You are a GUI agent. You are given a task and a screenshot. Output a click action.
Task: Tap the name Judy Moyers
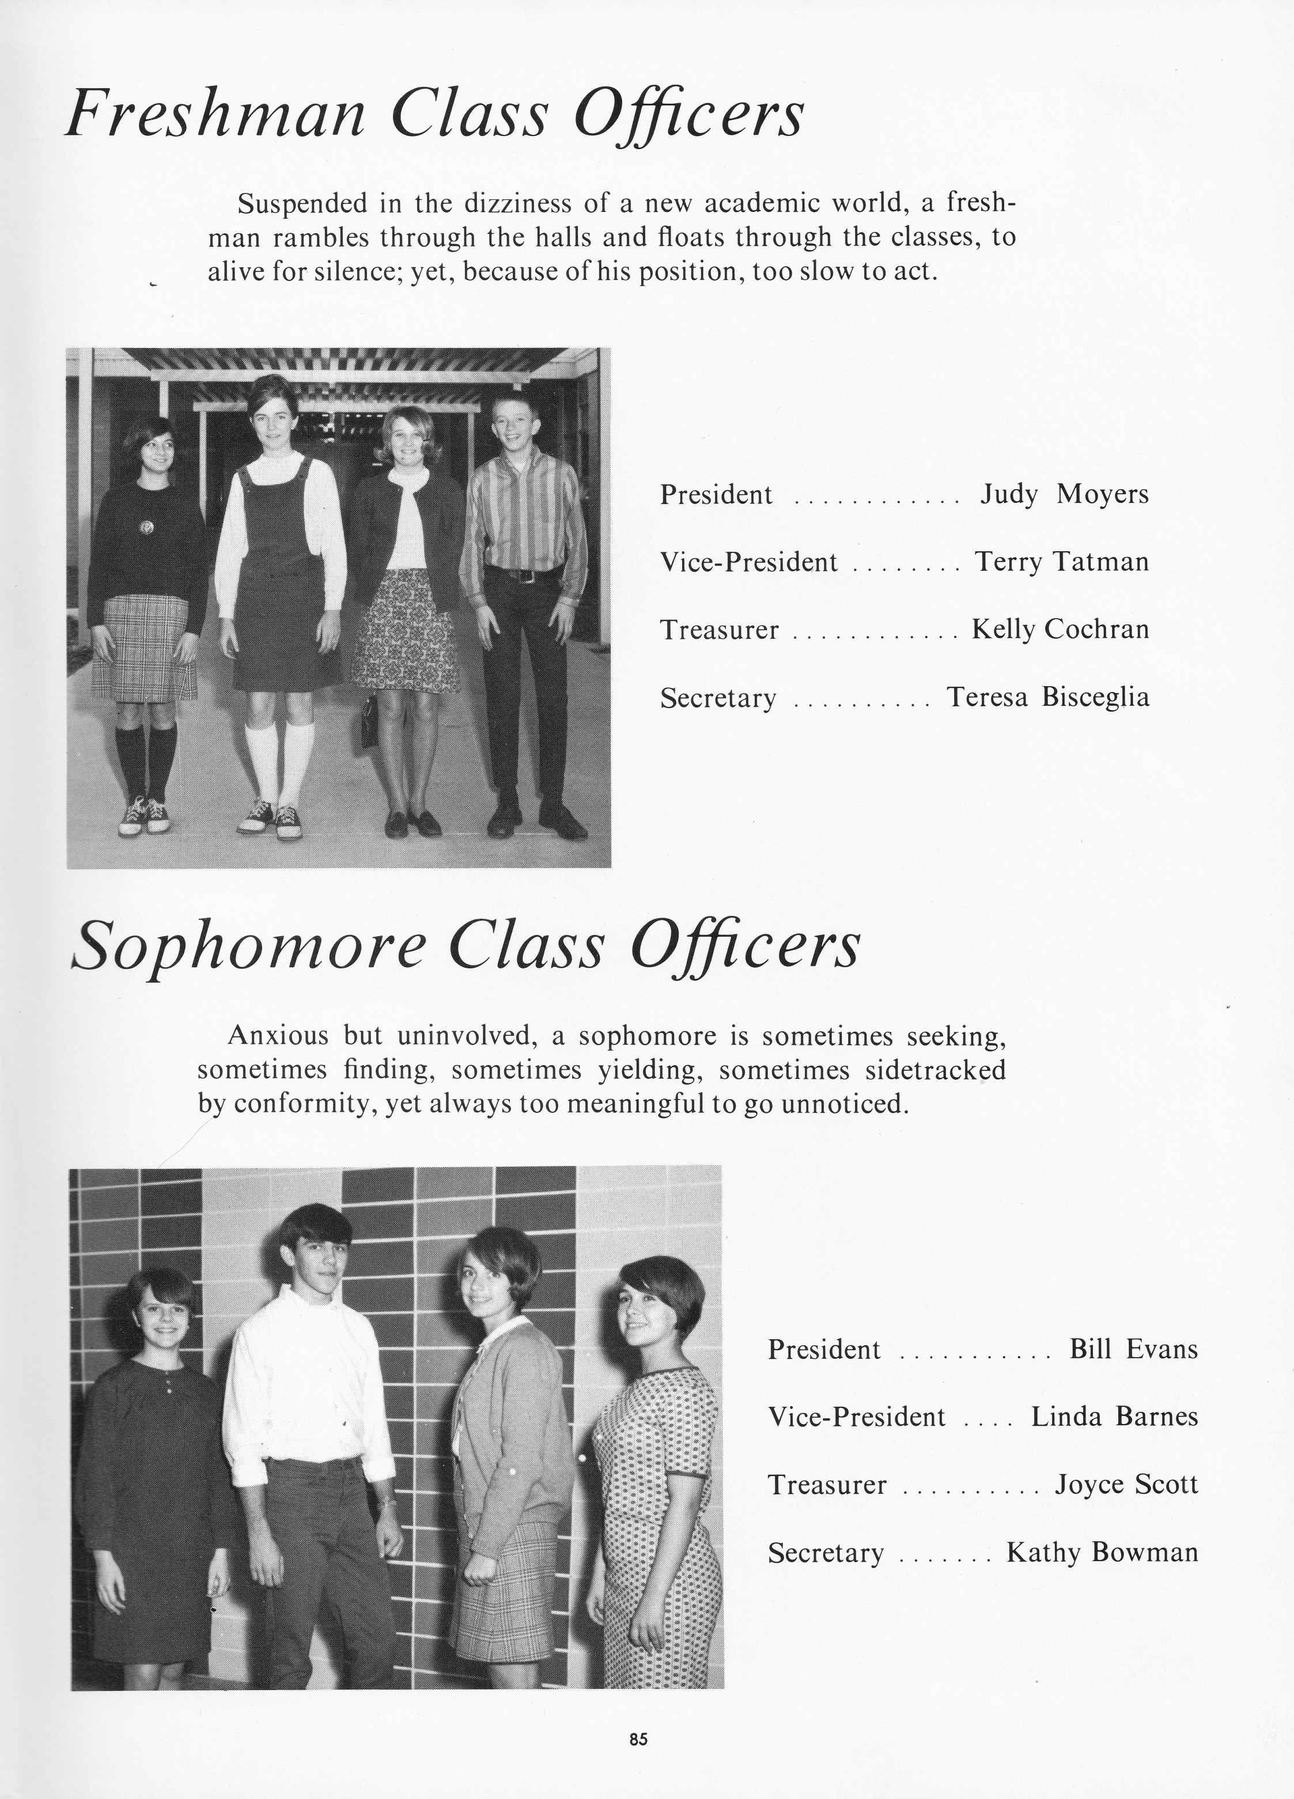coord(1064,495)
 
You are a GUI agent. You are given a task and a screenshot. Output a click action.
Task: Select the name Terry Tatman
coord(1062,562)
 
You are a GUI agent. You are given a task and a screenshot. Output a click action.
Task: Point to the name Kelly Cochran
coord(1061,630)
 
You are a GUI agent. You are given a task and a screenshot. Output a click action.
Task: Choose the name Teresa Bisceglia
coord(1048,697)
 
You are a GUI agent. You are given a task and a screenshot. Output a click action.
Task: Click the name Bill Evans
coord(1133,1349)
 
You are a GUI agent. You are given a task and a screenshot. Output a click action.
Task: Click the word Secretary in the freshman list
coord(718,698)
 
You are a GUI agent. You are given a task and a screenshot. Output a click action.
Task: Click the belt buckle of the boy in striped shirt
coord(524,575)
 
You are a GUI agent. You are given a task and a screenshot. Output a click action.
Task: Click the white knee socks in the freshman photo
coord(278,762)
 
